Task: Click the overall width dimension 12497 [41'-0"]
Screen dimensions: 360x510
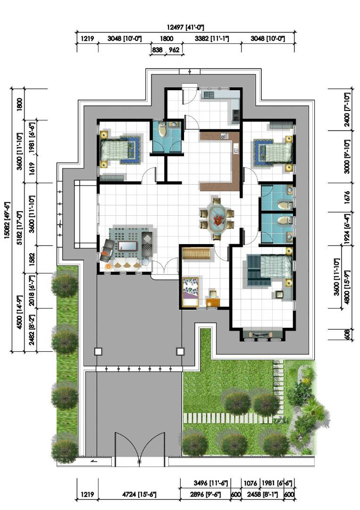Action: pyautogui.click(x=185, y=27)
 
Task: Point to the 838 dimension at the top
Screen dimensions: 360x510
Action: pyautogui.click(x=157, y=50)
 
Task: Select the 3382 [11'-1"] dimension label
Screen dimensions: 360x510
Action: pyautogui.click(x=212, y=39)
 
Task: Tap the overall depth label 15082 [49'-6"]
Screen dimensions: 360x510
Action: pyautogui.click(x=8, y=220)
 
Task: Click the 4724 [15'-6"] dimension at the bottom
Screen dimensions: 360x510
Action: pyautogui.click(x=139, y=495)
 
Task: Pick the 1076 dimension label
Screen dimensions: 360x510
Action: pyautogui.click(x=250, y=484)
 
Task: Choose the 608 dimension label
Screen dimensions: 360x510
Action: pyautogui.click(x=347, y=334)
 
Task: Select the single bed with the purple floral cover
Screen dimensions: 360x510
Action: pyautogui.click(x=191, y=292)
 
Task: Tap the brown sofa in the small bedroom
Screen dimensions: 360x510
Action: pyautogui.click(x=196, y=254)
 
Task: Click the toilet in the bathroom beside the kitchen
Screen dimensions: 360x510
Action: pyautogui.click(x=162, y=131)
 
